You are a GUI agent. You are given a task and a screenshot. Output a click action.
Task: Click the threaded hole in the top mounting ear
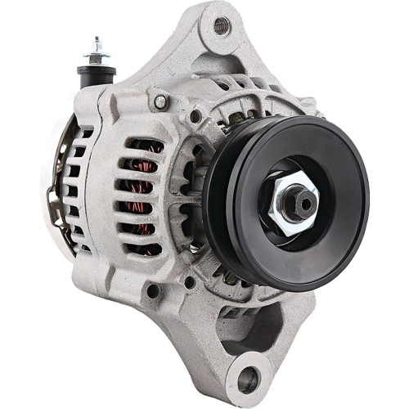[x=222, y=25]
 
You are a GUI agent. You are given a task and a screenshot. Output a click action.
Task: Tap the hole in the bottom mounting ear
[x=248, y=379]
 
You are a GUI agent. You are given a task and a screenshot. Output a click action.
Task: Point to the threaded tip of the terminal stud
[x=98, y=41]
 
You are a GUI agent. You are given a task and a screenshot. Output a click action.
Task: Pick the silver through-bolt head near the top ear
[x=160, y=101]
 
